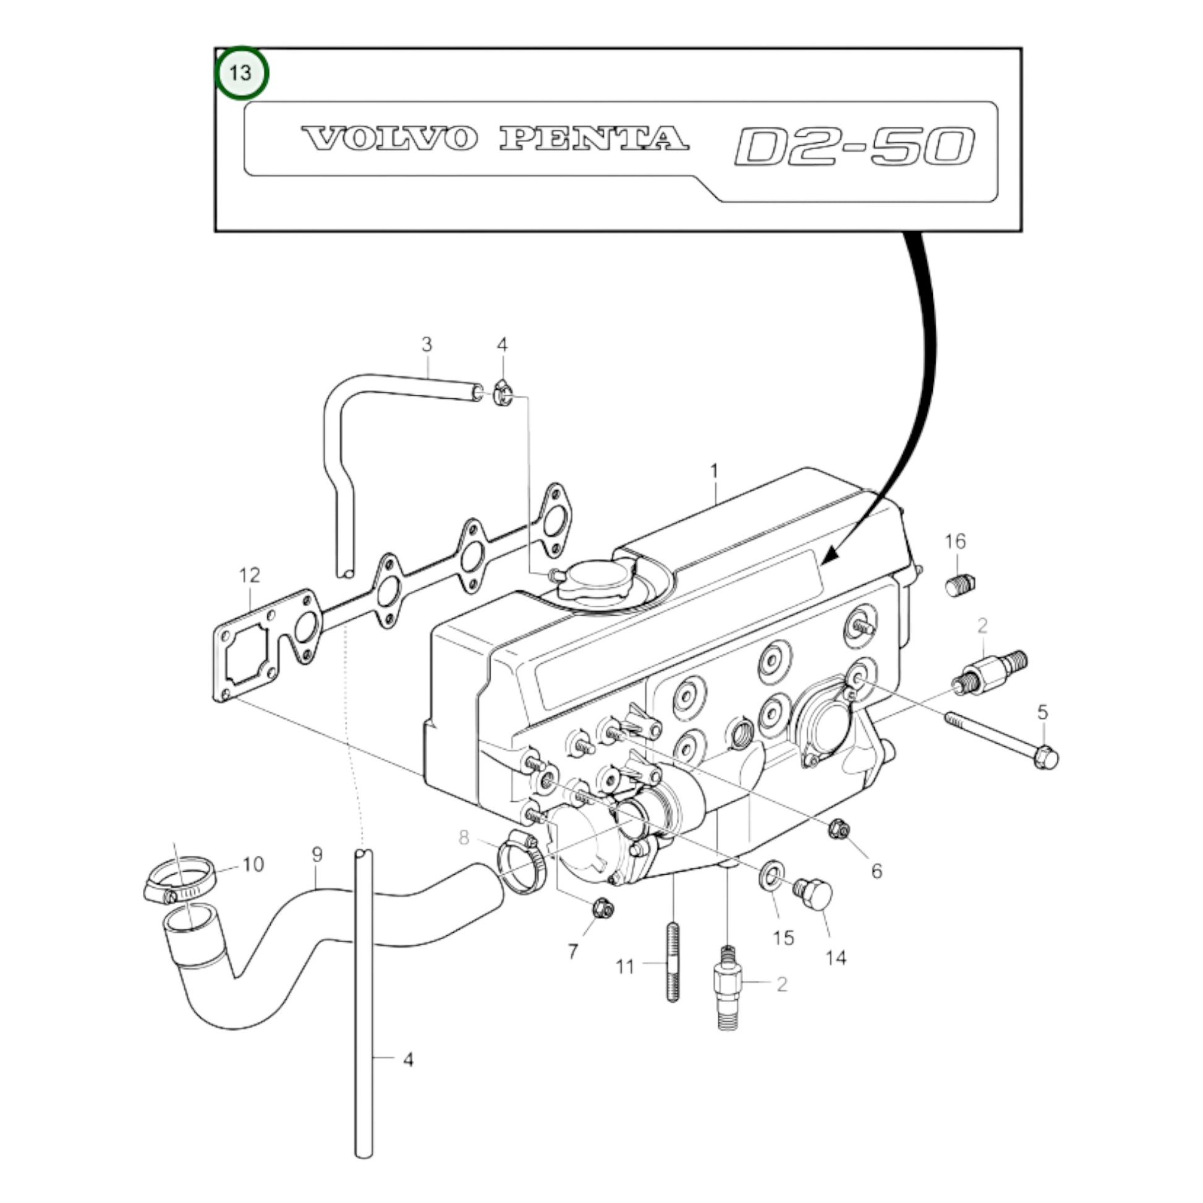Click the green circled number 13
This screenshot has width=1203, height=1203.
pos(241,73)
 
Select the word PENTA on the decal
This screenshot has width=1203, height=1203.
pos(594,138)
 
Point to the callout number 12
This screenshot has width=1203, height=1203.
pos(249,575)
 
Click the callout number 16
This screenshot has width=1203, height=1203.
pos(955,541)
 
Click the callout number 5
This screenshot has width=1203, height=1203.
pos(1042,712)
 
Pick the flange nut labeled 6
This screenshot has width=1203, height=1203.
pos(838,828)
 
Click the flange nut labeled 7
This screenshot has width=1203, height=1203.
pos(602,909)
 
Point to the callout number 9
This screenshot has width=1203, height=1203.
pos(317,854)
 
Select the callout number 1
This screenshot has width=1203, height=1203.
pos(714,471)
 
